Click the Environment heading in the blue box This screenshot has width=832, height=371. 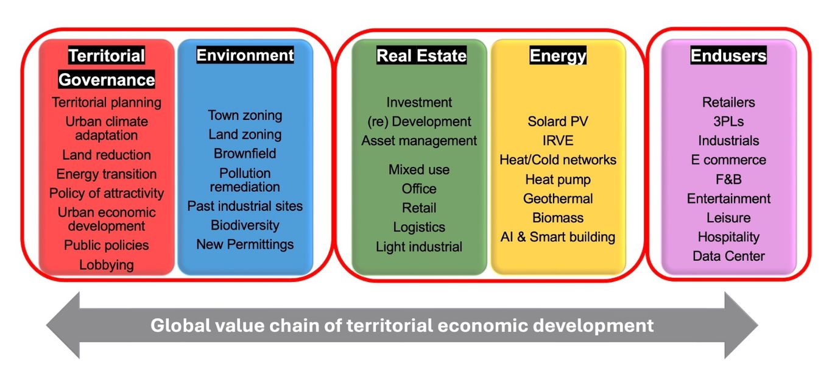[x=245, y=55]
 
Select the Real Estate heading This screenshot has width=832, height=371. [x=421, y=55]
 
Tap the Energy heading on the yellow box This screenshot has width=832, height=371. [x=558, y=55]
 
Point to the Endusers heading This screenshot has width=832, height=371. [x=728, y=55]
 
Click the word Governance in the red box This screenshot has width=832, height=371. [x=107, y=79]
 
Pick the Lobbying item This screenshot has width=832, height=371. [x=107, y=265]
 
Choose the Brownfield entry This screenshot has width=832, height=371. [x=245, y=154]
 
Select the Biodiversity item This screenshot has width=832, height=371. [x=245, y=225]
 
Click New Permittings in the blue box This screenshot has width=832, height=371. [x=245, y=244]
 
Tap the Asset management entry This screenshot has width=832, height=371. [x=419, y=141]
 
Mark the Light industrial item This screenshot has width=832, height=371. [x=419, y=247]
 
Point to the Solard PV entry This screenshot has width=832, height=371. [x=558, y=121]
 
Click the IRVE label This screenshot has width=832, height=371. [x=558, y=141]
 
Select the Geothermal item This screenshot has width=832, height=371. [x=558, y=199]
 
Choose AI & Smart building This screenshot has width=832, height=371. [x=558, y=237]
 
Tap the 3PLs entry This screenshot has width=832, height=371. [x=728, y=121]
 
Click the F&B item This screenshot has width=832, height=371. [x=728, y=179]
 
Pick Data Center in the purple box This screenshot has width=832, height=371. [x=728, y=256]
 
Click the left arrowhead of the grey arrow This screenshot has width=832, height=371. [x=63, y=325]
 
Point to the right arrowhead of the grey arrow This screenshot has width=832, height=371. [x=741, y=325]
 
